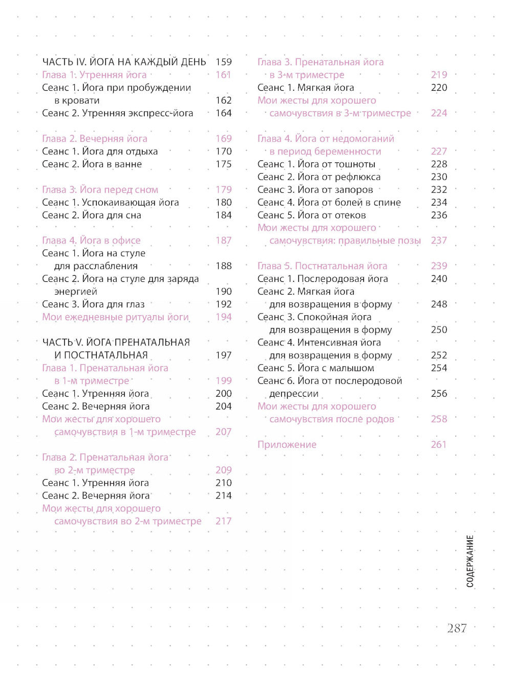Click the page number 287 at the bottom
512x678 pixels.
point(457,628)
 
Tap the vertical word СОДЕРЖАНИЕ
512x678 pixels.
point(470,561)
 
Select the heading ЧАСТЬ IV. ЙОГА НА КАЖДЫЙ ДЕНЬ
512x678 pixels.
point(124,62)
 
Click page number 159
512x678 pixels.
point(224,62)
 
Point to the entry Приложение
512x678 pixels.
point(287,445)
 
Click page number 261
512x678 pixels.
point(439,445)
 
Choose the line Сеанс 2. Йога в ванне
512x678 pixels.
point(92,164)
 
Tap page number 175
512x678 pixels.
point(224,164)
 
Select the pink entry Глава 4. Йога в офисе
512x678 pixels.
point(91,240)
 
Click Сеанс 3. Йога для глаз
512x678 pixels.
point(93,304)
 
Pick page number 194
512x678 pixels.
point(224,317)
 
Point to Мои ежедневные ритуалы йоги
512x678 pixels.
point(116,317)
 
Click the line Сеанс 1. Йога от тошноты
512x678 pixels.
point(316,164)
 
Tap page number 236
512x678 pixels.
point(439,215)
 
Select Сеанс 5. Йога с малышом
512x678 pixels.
point(316,368)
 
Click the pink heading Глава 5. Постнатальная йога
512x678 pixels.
point(323,266)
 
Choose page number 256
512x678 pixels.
point(439,394)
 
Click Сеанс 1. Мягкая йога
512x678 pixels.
point(306,88)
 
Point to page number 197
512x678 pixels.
point(224,355)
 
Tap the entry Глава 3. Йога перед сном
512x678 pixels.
point(100,190)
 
